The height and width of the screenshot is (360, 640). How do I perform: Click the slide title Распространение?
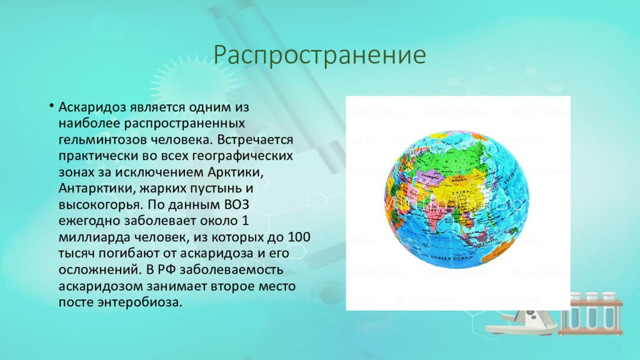319,56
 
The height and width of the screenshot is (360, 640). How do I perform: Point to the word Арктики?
233,171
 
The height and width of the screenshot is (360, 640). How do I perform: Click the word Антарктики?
94,187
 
